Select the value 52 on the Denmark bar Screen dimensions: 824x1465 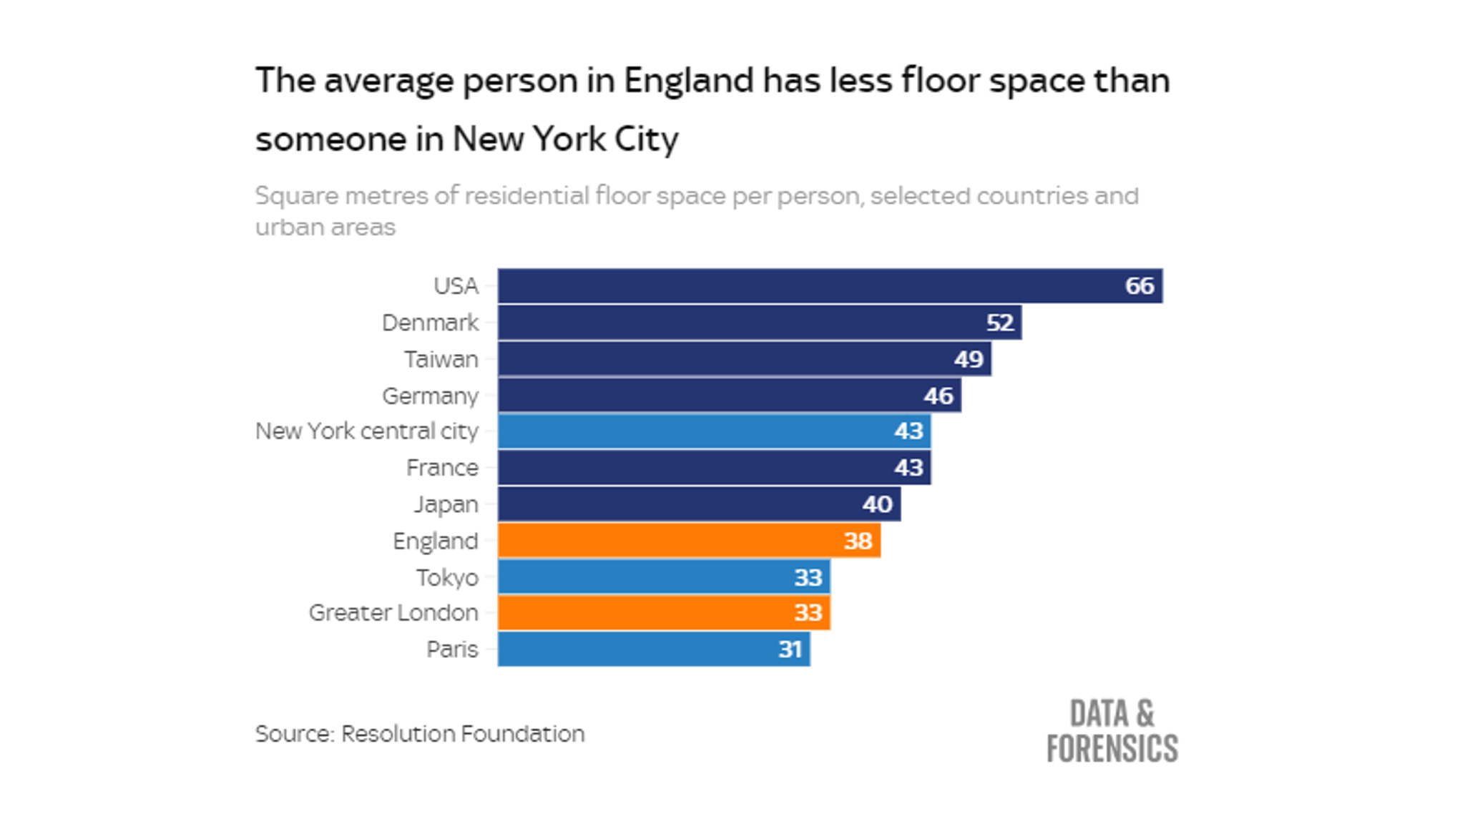pyautogui.click(x=999, y=323)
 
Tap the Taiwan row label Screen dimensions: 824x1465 pyautogui.click(x=441, y=359)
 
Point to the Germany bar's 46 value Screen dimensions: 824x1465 pyautogui.click(x=938, y=396)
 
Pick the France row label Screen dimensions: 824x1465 pyautogui.click(x=442, y=468)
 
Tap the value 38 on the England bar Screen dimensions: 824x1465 pyautogui.click(x=858, y=541)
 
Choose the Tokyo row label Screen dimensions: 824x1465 pyautogui.click(x=447, y=577)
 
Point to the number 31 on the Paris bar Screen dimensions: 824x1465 pyautogui.click(x=790, y=649)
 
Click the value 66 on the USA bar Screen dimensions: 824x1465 pyautogui.click(x=1139, y=286)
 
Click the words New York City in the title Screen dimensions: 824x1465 pyautogui.click(x=565, y=139)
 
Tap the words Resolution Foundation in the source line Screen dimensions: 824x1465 pyautogui.click(x=462, y=734)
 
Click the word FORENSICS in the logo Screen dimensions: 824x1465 pyautogui.click(x=1112, y=749)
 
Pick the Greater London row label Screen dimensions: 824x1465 pyautogui.click(x=393, y=613)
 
